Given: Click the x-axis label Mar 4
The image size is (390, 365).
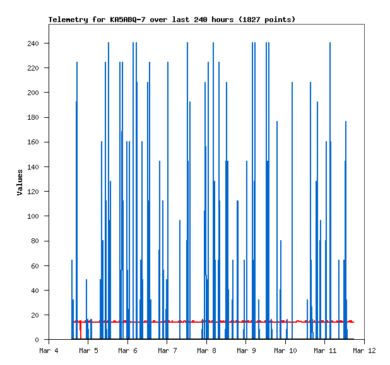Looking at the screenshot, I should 49,350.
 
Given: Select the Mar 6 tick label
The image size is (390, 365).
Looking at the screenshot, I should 127,350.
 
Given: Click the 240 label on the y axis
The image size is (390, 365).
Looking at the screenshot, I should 33,43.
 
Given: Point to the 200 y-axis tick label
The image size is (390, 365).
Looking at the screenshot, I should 33,93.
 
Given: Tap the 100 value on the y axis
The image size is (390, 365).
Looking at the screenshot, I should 33,216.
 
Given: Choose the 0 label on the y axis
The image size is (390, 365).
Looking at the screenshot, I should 37,340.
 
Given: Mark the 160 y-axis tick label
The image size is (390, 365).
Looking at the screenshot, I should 33,142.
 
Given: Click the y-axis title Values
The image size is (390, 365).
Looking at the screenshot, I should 20,182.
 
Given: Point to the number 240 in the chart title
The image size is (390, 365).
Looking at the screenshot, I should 199,20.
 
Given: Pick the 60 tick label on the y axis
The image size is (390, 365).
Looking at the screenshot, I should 35,266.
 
